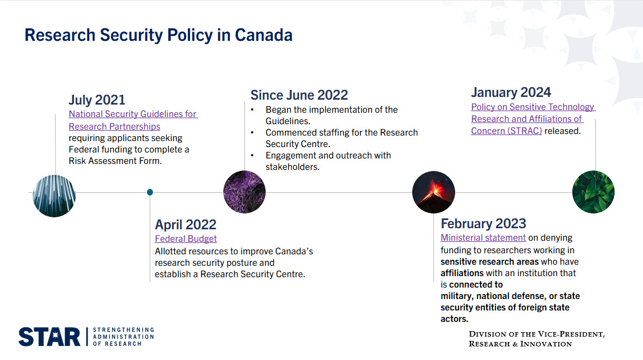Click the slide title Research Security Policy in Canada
[158, 35]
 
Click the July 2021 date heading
[97, 100]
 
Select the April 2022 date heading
[185, 224]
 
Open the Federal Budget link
[186, 239]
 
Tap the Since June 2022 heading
[299, 95]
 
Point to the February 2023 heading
[483, 223]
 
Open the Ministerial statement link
[483, 237]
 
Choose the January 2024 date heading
[511, 92]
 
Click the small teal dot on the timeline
[150, 192]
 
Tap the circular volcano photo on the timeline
[433, 192]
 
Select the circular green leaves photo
[593, 192]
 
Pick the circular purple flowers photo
[244, 192]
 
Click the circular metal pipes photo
[54, 196]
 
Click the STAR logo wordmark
[49, 337]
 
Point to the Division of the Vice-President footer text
[536, 338]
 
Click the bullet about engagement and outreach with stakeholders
[328, 161]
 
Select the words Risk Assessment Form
[115, 161]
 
